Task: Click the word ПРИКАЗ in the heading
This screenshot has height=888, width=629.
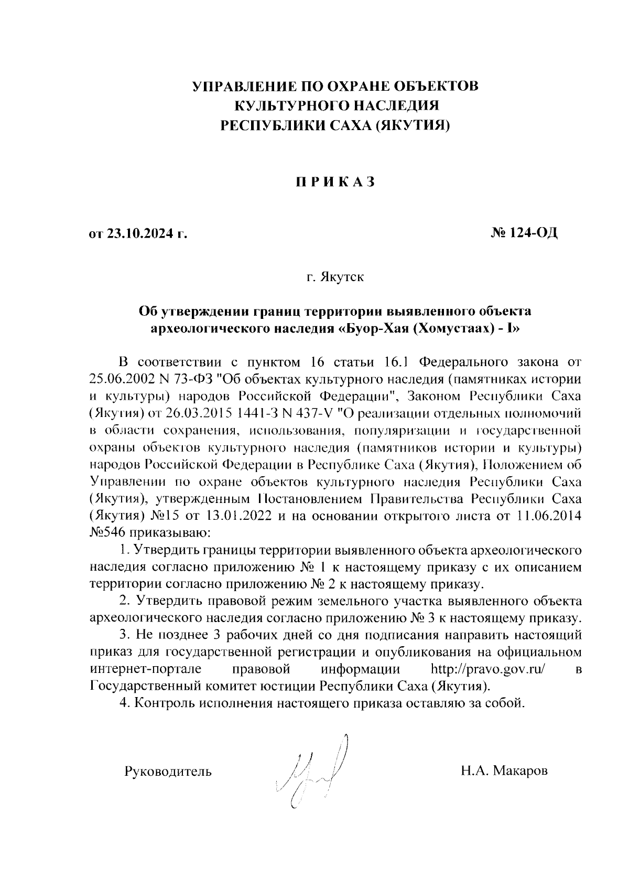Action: [x=333, y=182]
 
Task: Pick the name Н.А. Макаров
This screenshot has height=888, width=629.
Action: [x=504, y=771]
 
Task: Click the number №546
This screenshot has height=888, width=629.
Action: [x=107, y=533]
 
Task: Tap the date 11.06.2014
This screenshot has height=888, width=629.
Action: [x=548, y=515]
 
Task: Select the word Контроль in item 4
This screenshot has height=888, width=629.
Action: [x=166, y=703]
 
